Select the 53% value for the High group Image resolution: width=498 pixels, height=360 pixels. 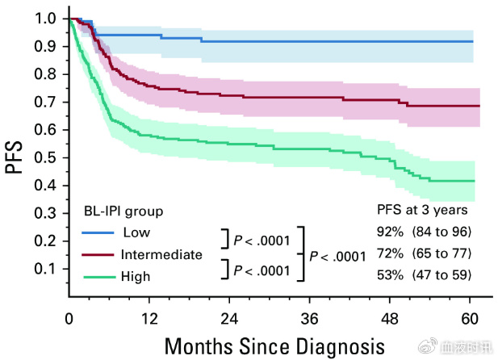coord(391,275)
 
